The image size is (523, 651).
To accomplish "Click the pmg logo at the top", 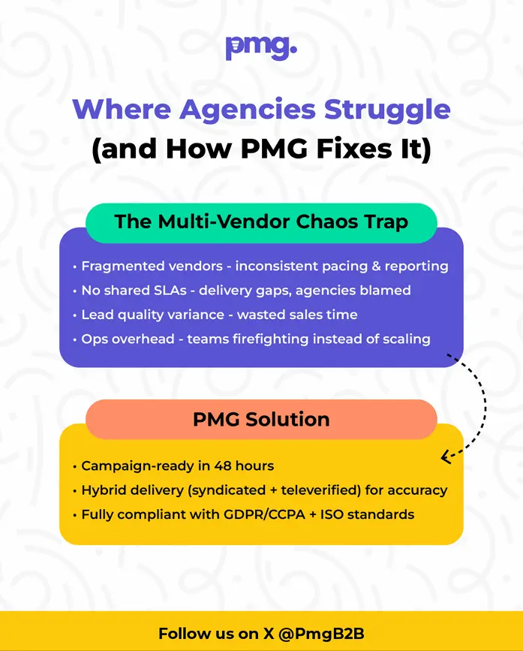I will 261,47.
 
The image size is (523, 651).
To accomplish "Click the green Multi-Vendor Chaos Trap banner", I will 261,222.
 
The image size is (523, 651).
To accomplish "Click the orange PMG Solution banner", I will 261,419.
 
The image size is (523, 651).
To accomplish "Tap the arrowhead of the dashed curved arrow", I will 445,456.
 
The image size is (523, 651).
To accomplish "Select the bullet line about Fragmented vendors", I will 260,267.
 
